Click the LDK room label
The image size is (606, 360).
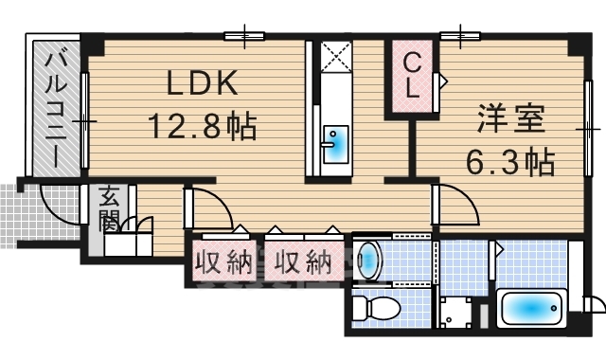click(x=202, y=85)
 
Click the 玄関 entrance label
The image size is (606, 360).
click(x=107, y=209)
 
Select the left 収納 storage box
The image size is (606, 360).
click(x=224, y=261)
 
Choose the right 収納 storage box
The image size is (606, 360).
click(x=303, y=261)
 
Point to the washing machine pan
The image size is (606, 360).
click(x=459, y=312)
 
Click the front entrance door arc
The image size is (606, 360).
click(x=55, y=201)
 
